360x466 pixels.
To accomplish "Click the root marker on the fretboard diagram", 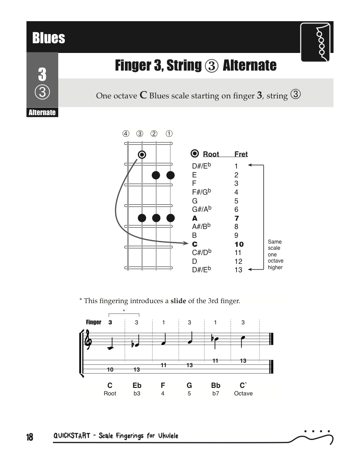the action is (142, 154).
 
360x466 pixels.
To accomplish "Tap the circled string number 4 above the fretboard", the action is (126, 134).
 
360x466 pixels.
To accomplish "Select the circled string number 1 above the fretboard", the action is (169, 134).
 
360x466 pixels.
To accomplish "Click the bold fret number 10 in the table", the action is (239, 244).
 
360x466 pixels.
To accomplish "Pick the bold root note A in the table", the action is (195, 218).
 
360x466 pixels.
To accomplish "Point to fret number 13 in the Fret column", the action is (238, 270).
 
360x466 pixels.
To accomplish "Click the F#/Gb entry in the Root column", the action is (201, 192).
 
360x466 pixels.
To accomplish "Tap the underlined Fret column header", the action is (241, 154).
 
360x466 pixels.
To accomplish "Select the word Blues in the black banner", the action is (49, 38).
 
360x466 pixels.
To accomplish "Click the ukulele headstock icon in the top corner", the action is (315, 42).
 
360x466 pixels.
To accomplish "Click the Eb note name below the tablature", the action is (137, 385).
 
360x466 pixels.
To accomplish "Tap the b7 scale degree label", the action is (216, 394).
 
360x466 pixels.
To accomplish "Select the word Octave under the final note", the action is (243, 394).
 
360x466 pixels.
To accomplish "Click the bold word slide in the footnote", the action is (178, 301).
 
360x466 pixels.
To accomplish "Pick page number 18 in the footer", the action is (30, 437).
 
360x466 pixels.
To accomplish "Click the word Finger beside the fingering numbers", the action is (94, 322).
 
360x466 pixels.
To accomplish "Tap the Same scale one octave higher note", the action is (275, 254).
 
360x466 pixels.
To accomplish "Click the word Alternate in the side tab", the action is (42, 113).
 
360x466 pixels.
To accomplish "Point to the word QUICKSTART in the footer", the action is (71, 436).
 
